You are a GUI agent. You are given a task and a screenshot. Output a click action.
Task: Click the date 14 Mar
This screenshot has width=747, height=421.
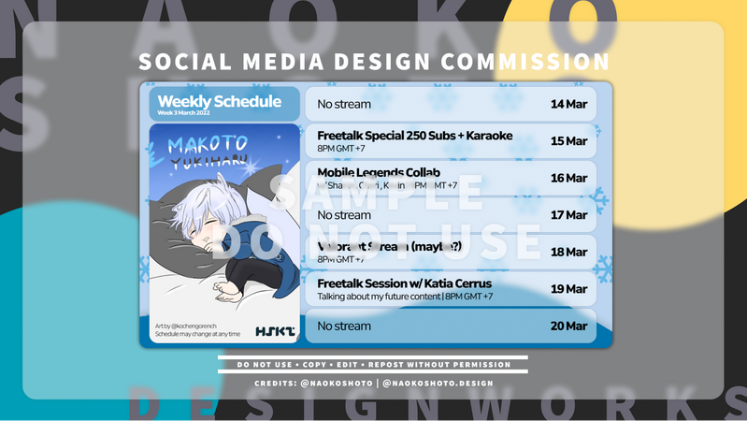[x=568, y=104]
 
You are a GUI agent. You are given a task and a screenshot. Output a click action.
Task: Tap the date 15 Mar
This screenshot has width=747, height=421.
[x=568, y=141]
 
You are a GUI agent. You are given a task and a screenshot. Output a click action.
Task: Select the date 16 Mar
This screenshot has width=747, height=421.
[x=568, y=178]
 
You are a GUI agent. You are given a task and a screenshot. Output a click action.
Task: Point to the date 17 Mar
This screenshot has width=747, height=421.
[x=568, y=215]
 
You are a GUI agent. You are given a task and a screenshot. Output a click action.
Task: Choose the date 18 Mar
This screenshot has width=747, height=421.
[x=568, y=252]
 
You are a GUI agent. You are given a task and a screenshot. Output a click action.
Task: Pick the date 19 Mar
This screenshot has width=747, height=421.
[x=568, y=289]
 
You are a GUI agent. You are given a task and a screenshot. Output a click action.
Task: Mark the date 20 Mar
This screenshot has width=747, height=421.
[x=568, y=326]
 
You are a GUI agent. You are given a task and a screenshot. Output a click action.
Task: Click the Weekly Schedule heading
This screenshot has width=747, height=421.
[x=219, y=101]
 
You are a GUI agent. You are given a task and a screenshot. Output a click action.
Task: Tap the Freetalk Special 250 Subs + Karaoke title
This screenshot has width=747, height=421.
[x=414, y=136]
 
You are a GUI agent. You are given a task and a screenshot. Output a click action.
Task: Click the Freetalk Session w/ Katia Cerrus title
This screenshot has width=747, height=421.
[x=404, y=283]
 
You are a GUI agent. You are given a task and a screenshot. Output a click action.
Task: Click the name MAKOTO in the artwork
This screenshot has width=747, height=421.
[x=208, y=145]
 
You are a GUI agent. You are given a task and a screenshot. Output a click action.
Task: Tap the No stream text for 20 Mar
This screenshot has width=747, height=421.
[x=344, y=326]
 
